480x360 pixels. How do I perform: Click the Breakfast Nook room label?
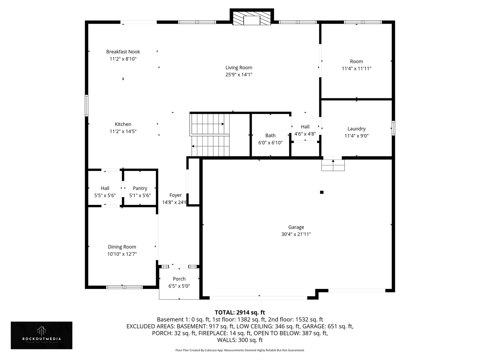(123, 52)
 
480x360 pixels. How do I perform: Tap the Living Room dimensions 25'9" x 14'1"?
(239, 75)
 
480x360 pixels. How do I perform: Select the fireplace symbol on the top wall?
(252, 19)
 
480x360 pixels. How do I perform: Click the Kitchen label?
(123, 124)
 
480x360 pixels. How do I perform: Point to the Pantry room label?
(140, 188)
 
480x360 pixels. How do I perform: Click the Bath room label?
(270, 135)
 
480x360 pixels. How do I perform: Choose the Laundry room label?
(356, 129)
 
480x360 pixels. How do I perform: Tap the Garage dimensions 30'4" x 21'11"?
(296, 234)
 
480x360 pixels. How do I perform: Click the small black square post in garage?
(322, 192)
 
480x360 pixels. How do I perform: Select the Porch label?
(179, 279)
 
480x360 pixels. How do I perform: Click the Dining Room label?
(122, 247)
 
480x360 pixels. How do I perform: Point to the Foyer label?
(175, 195)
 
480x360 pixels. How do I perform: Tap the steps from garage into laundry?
(333, 165)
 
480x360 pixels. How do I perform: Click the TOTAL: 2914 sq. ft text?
(240, 312)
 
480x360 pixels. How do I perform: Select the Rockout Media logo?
(41, 335)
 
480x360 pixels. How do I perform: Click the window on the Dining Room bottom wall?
(124, 287)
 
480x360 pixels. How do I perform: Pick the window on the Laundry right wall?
(393, 128)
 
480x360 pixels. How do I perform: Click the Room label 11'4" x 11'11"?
(356, 61)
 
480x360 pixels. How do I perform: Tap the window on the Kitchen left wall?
(87, 105)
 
